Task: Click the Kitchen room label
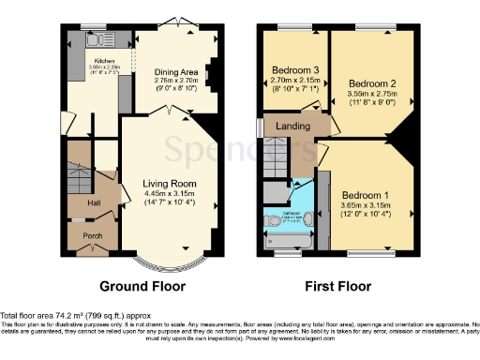[103, 60]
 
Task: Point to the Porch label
[93, 236]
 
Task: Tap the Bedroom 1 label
[365, 186]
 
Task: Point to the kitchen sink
[95, 40]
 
